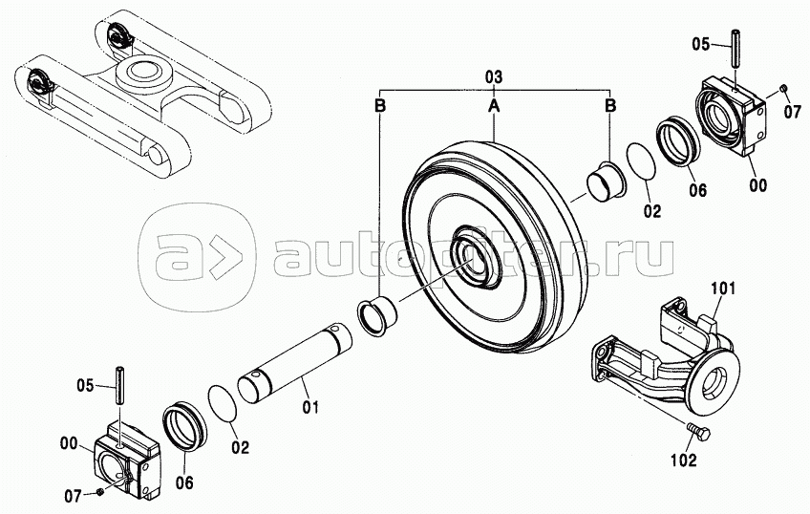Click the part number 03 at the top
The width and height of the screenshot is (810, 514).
tap(494, 78)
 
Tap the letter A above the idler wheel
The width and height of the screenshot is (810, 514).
tap(494, 106)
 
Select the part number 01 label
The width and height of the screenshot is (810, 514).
tap(310, 407)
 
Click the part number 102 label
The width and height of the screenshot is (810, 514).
tap(684, 460)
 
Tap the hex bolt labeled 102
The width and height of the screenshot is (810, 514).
tap(698, 433)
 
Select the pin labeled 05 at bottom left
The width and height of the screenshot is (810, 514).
tap(119, 385)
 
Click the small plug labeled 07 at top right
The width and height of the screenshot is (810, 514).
tap(783, 89)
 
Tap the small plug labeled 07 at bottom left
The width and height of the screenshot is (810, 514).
tap(99, 493)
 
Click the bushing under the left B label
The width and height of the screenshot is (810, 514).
tap(377, 315)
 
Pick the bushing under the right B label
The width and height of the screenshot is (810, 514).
tap(607, 184)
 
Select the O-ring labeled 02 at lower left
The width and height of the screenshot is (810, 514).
tap(223, 403)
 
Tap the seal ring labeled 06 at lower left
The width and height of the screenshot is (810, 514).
tap(185, 426)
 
